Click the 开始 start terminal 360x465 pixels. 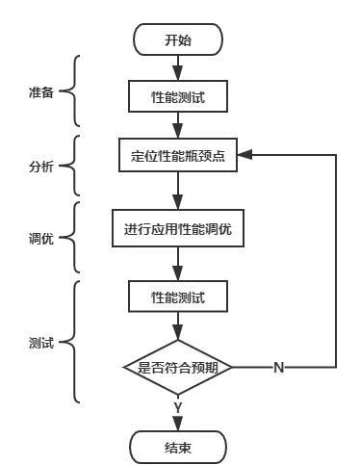[178, 39]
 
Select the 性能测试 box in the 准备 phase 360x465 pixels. [178, 97]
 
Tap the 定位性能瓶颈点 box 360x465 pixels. [178, 156]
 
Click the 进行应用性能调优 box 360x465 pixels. [178, 230]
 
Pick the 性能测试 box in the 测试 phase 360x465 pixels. [178, 296]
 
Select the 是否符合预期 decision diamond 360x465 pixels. [178, 367]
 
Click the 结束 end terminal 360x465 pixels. [178, 447]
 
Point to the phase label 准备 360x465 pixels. [40, 92]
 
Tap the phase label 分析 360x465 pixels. [40, 166]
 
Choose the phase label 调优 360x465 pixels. [40, 236]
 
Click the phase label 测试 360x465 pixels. [40, 343]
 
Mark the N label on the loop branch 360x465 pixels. [278, 368]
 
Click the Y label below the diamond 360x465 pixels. [178, 408]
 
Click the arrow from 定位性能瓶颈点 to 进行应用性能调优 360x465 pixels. [178, 192]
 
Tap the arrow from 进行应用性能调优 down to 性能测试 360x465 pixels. [178, 264]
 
